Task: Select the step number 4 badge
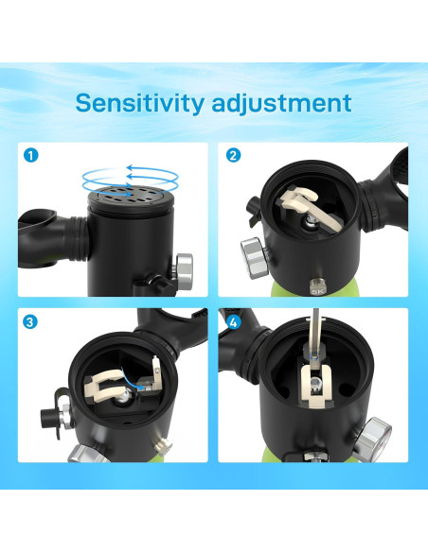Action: [x=234, y=321]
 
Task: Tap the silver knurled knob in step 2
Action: [x=253, y=253]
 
